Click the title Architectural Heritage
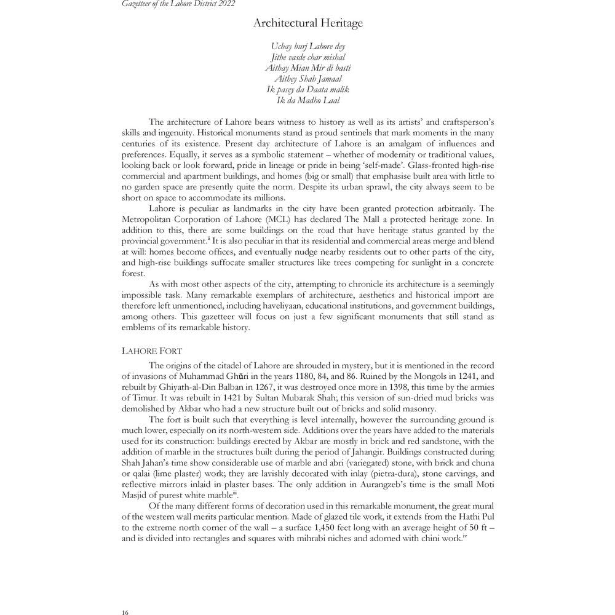tap(308, 23)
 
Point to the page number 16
tap(125, 611)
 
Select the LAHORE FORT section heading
tap(151, 351)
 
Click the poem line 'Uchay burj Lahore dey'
tap(308, 46)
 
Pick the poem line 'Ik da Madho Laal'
tap(308, 100)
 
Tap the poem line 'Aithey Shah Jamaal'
tap(308, 78)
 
